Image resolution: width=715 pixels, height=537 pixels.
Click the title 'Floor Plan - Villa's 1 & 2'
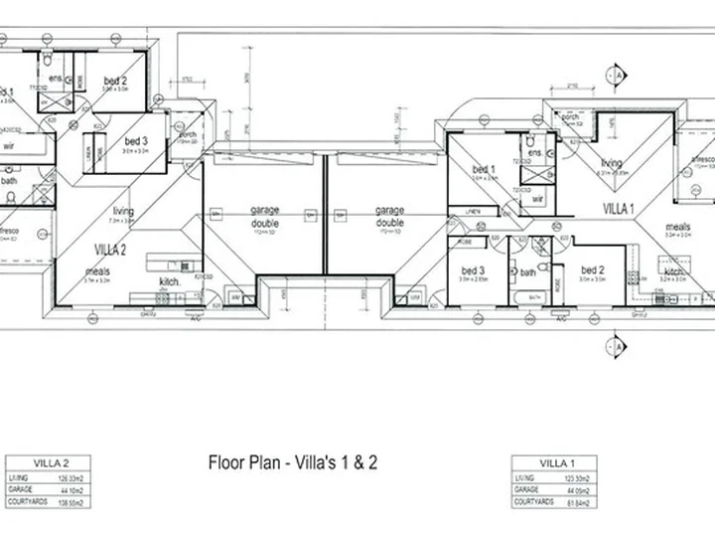pos(292,462)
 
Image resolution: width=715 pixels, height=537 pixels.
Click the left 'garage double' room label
pos(264,216)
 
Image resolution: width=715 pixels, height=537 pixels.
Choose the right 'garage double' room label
pos(388,216)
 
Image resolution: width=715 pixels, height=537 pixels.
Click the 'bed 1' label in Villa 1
pos(484,170)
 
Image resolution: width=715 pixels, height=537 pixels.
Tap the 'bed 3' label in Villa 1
pos(472,270)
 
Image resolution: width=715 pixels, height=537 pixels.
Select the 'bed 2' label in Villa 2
pos(115,81)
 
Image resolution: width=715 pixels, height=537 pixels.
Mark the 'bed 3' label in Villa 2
pos(136,141)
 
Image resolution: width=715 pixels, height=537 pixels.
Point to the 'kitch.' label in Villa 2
pos(169,281)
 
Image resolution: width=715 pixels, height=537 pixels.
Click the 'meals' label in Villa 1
pos(679,226)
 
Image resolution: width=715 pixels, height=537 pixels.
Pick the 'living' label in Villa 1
pos(610,163)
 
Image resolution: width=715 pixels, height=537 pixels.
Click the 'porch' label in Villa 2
pos(183,134)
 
